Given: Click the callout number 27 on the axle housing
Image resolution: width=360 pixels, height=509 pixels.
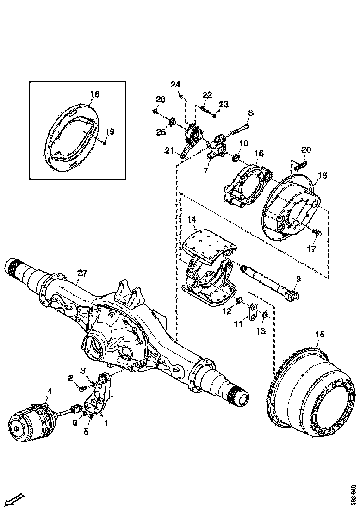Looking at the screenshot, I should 82,273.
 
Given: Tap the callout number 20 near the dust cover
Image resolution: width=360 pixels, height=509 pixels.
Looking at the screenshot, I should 306,150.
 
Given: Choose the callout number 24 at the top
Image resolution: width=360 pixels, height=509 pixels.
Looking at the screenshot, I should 175,84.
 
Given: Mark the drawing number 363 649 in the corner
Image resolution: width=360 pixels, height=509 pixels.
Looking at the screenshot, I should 353,495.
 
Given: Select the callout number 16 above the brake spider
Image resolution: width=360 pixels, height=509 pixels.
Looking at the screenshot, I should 258,153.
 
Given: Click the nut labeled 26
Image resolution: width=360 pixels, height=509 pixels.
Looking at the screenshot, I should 156,112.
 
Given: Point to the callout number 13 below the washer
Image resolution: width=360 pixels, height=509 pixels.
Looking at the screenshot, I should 261,331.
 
